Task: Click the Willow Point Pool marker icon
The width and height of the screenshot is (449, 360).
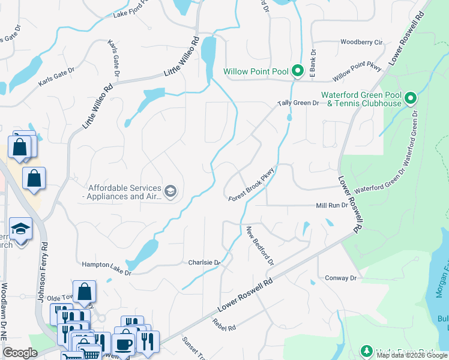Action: [297, 71]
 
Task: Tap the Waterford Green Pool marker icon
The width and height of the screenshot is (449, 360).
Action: [411, 98]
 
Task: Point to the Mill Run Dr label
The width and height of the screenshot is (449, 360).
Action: [332, 205]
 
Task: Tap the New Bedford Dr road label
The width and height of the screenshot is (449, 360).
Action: [260, 246]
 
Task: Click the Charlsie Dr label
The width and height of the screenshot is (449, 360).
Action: [204, 262]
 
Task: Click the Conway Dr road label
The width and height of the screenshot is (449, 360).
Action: [340, 278]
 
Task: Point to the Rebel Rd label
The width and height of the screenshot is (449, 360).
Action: [224, 324]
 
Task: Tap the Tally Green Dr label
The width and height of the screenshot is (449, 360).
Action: [298, 103]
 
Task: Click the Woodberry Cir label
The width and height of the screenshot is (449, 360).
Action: [361, 43]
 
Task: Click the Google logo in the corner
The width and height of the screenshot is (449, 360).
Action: [20, 353]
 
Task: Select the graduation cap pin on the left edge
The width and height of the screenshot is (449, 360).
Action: [20, 230]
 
